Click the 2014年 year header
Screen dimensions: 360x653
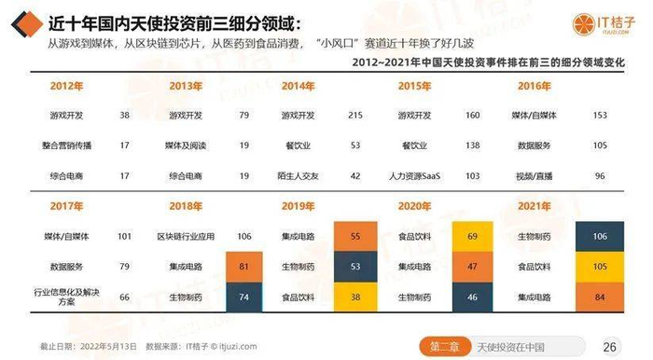[298, 87]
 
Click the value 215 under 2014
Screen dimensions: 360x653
[354, 116]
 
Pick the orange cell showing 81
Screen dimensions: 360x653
[243, 268]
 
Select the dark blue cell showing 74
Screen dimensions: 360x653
[243, 297]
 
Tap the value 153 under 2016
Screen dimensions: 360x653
[586, 116]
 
